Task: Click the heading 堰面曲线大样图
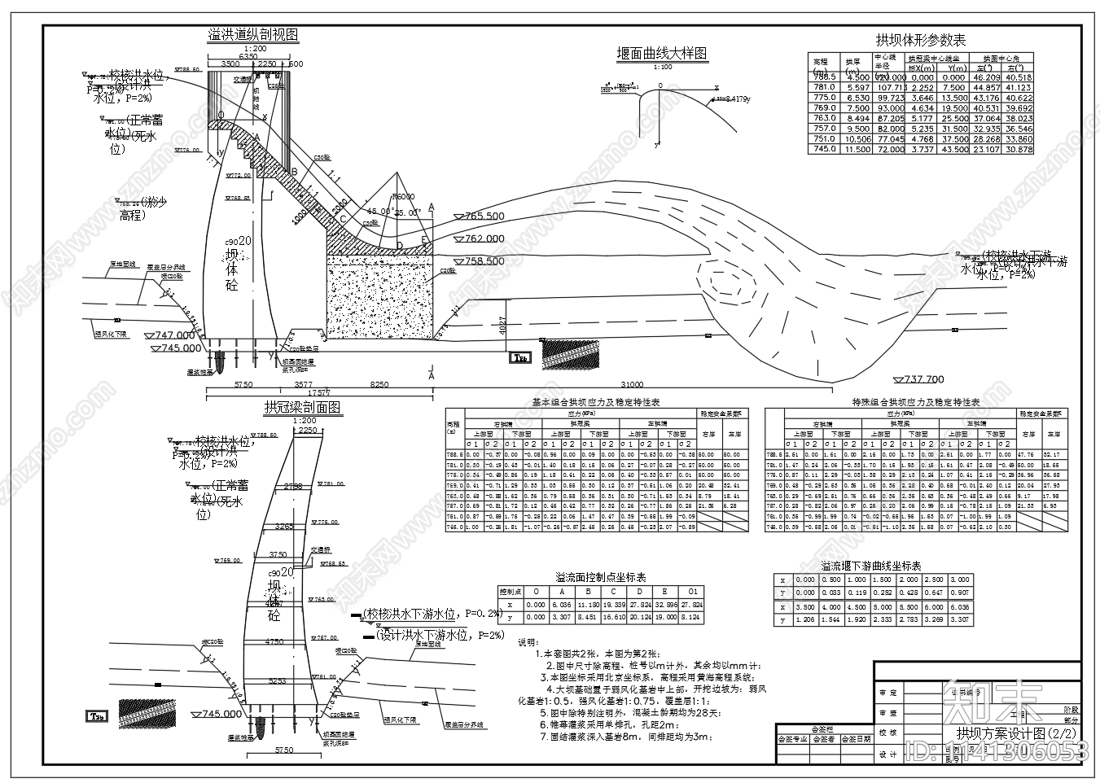click(661, 54)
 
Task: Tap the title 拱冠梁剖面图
click(302, 408)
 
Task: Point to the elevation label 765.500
click(484, 217)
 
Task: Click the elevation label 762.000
click(484, 239)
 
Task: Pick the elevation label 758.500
click(484, 262)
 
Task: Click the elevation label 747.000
click(175, 335)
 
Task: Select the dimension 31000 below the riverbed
click(632, 385)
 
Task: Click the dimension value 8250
click(379, 384)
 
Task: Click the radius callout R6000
click(402, 198)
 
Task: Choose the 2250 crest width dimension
click(307, 430)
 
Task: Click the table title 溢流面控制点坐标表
click(601, 575)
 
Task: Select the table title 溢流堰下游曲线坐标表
click(870, 566)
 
